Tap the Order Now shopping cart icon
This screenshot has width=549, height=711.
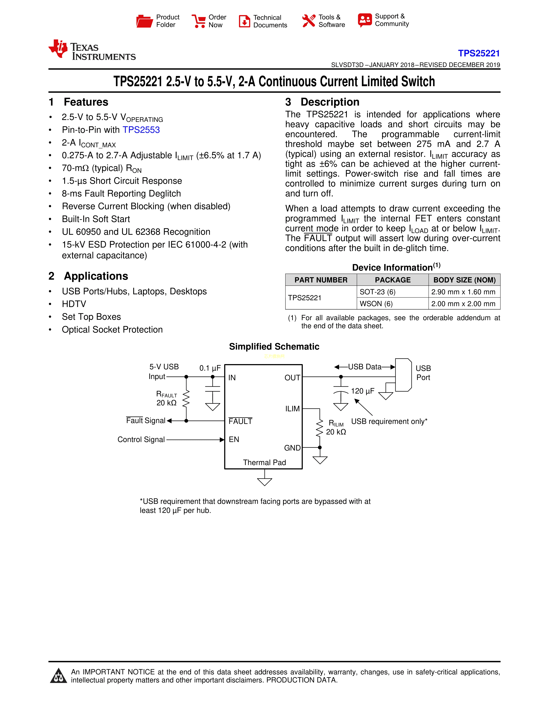[x=199, y=21]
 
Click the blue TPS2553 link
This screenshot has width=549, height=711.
[x=141, y=130]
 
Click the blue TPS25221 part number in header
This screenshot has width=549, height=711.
[x=479, y=53]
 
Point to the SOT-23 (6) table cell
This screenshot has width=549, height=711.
[x=377, y=292]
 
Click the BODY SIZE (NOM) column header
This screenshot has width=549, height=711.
[x=464, y=280]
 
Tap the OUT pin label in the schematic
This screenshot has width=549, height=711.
[x=292, y=378]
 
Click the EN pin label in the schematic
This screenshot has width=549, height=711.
[x=234, y=440]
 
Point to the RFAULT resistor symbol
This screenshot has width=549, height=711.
[x=186, y=399]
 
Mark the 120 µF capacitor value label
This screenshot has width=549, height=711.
[x=363, y=391]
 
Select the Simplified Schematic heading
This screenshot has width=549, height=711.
[x=274, y=346]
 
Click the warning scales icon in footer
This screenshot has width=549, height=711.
[x=59, y=676]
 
